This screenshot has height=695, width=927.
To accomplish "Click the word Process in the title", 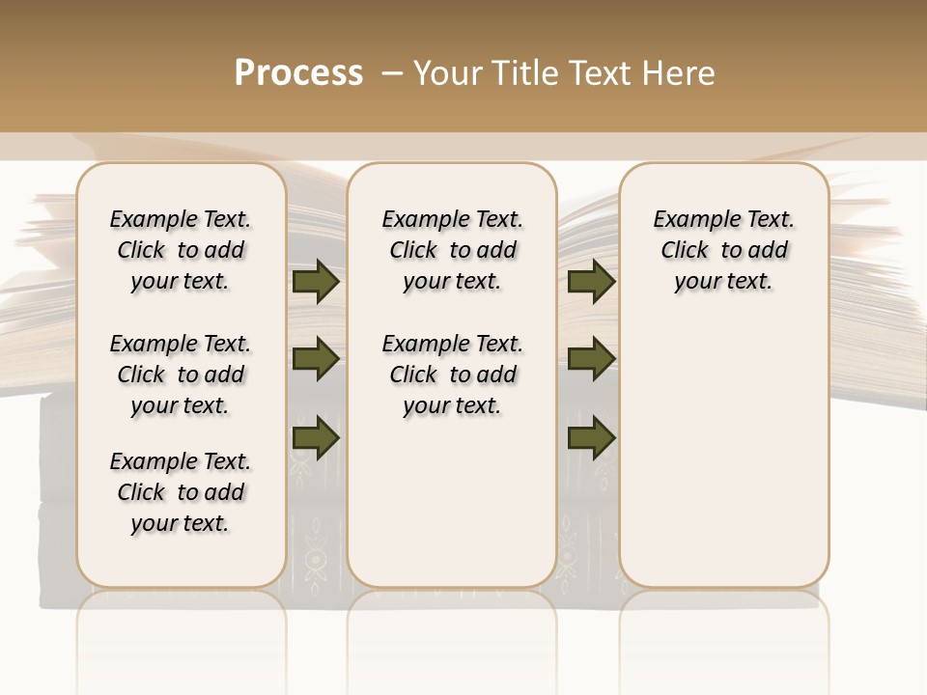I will point(298,73).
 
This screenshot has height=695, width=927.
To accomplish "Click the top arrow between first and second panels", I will point(316,282).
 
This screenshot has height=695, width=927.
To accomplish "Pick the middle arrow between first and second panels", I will point(316,360).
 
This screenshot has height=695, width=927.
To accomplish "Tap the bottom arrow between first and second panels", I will point(316,437).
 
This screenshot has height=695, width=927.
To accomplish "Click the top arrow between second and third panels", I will point(591,282).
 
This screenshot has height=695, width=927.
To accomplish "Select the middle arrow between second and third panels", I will point(591,360).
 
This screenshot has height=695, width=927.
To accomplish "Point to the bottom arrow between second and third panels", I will point(591,437).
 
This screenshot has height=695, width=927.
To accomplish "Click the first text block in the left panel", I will point(181,250).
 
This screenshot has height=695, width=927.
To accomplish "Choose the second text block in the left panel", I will point(181,375).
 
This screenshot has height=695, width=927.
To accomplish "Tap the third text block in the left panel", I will point(181,492).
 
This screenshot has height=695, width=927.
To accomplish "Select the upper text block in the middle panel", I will point(452,250).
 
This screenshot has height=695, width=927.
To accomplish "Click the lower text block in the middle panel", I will point(452,375).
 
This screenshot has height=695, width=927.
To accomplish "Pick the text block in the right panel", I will point(723,250).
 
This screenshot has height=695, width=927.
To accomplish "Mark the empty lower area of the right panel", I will point(723,454).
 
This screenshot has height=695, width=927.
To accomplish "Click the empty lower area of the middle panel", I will point(452,502).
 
